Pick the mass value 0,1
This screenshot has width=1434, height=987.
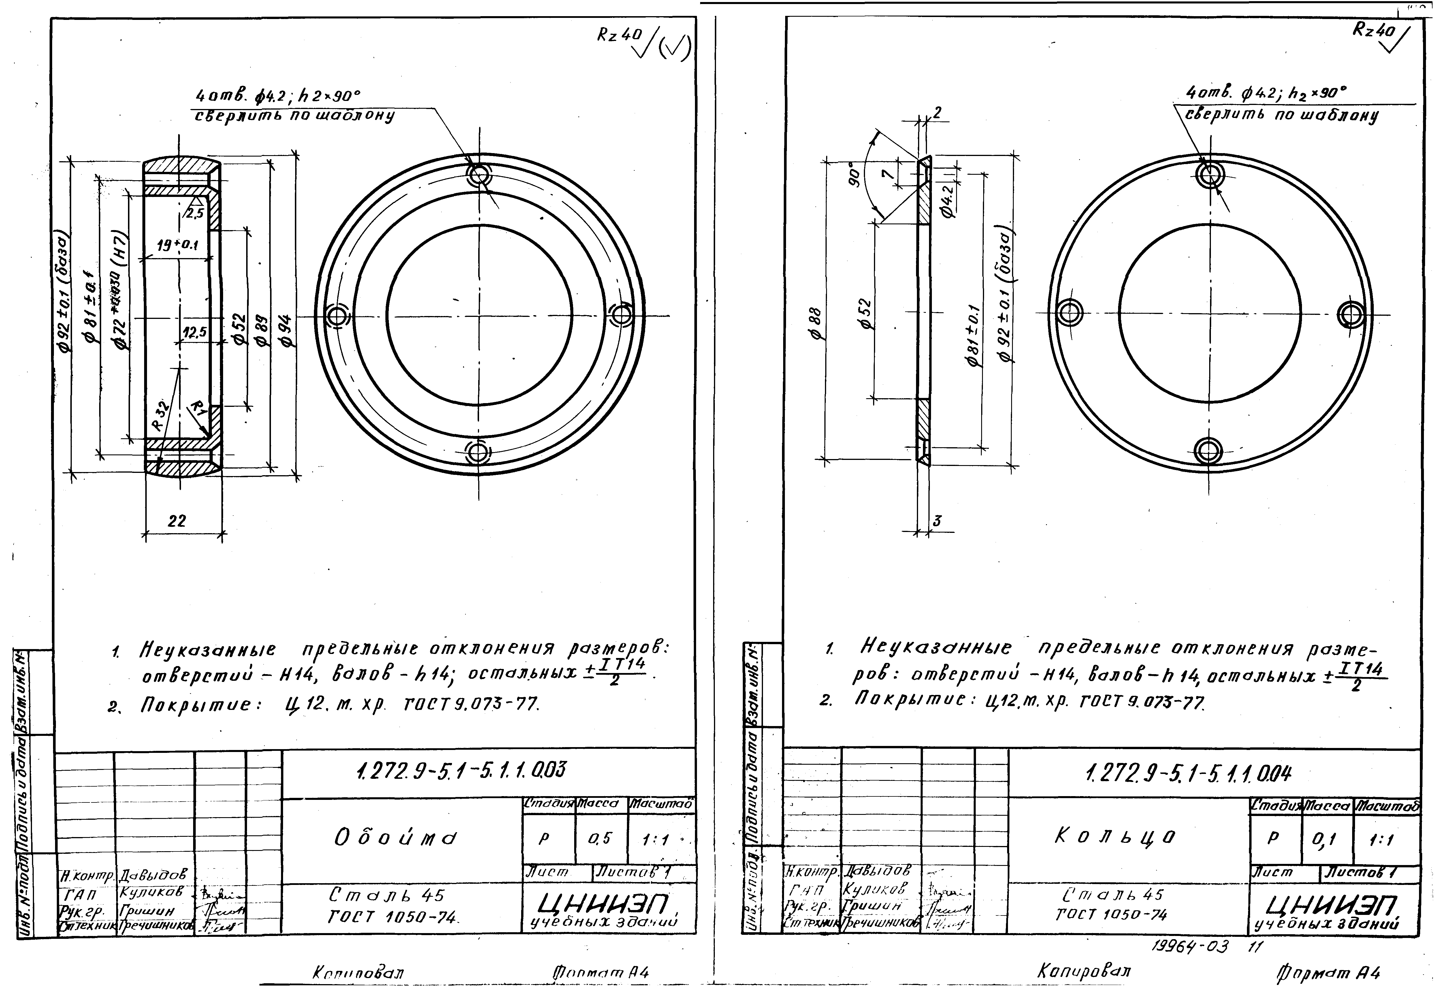1324,839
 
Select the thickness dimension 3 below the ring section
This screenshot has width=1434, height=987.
937,521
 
